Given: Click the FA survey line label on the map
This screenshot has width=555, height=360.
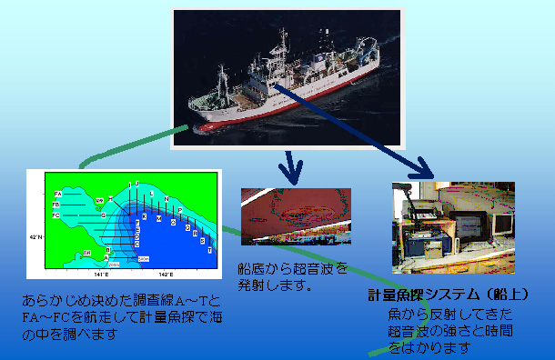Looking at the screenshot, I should (58, 194).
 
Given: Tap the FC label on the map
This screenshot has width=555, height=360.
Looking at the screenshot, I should (56, 215).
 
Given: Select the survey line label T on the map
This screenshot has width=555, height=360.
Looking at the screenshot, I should (210, 249).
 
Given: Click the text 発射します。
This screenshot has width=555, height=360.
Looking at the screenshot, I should (274, 285).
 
